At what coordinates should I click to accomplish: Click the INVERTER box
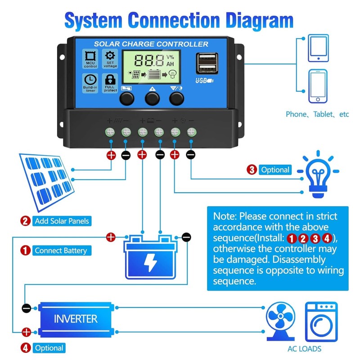click(76, 319)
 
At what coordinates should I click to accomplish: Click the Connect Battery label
click(61, 250)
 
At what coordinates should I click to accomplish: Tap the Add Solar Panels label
click(62, 221)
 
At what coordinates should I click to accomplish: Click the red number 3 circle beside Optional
click(252, 170)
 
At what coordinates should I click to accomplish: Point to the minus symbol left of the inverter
click(27, 308)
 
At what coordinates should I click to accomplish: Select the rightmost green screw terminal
click(191, 132)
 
